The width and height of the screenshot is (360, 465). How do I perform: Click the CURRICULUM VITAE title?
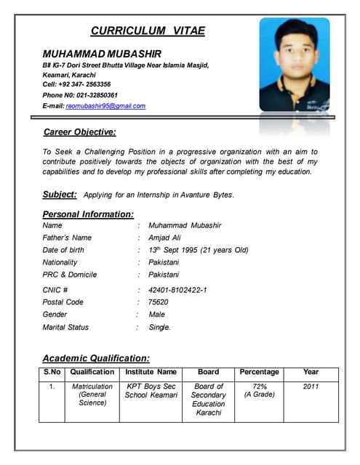point(148,31)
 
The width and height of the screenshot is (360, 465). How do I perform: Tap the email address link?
point(105,106)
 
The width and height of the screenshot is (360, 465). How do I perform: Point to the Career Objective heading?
point(80,132)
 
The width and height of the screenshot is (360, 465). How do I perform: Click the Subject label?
point(60,195)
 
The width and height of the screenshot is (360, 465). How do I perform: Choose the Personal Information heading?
point(88,214)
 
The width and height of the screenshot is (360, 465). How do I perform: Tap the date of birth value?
point(198,250)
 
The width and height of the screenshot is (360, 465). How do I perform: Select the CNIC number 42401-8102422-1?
point(177,290)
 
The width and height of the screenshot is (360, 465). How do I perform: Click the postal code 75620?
point(158,302)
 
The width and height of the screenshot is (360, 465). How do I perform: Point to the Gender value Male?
point(156,315)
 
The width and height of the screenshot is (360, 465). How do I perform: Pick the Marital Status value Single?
point(159,328)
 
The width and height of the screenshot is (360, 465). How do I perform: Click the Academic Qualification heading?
point(96,358)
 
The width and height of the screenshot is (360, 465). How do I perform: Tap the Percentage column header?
point(259,372)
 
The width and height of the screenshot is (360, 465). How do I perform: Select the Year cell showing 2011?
point(311,387)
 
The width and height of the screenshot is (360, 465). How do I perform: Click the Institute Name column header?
point(151,372)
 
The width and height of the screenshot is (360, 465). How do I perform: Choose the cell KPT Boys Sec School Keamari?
point(151,391)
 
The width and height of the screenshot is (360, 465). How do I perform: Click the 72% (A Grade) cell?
point(259,391)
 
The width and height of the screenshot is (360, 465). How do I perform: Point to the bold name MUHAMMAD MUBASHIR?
point(102,54)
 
